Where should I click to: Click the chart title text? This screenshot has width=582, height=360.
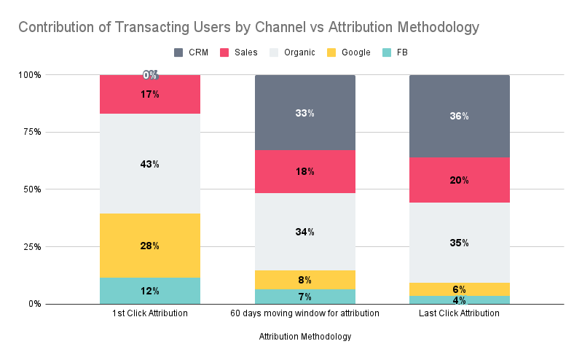tap(248, 28)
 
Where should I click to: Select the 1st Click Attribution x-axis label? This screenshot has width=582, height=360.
tap(150, 313)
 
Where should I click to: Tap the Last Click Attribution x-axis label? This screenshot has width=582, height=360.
tap(459, 313)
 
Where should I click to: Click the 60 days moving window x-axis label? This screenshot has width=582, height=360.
tap(304, 313)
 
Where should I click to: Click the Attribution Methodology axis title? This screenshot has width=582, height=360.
tap(304, 337)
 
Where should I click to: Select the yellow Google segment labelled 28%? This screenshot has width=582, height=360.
tap(150, 246)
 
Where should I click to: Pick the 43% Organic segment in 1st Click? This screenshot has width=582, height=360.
tap(150, 164)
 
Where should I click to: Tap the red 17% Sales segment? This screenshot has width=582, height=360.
tap(150, 94)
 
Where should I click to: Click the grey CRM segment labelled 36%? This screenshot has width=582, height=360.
tap(459, 116)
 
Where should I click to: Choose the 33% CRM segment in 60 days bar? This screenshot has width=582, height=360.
tap(304, 113)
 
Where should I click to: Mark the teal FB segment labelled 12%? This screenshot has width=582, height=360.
tap(150, 291)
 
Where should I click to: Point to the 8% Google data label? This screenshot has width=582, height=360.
tap(304, 280)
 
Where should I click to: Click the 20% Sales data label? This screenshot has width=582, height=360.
tap(459, 180)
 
